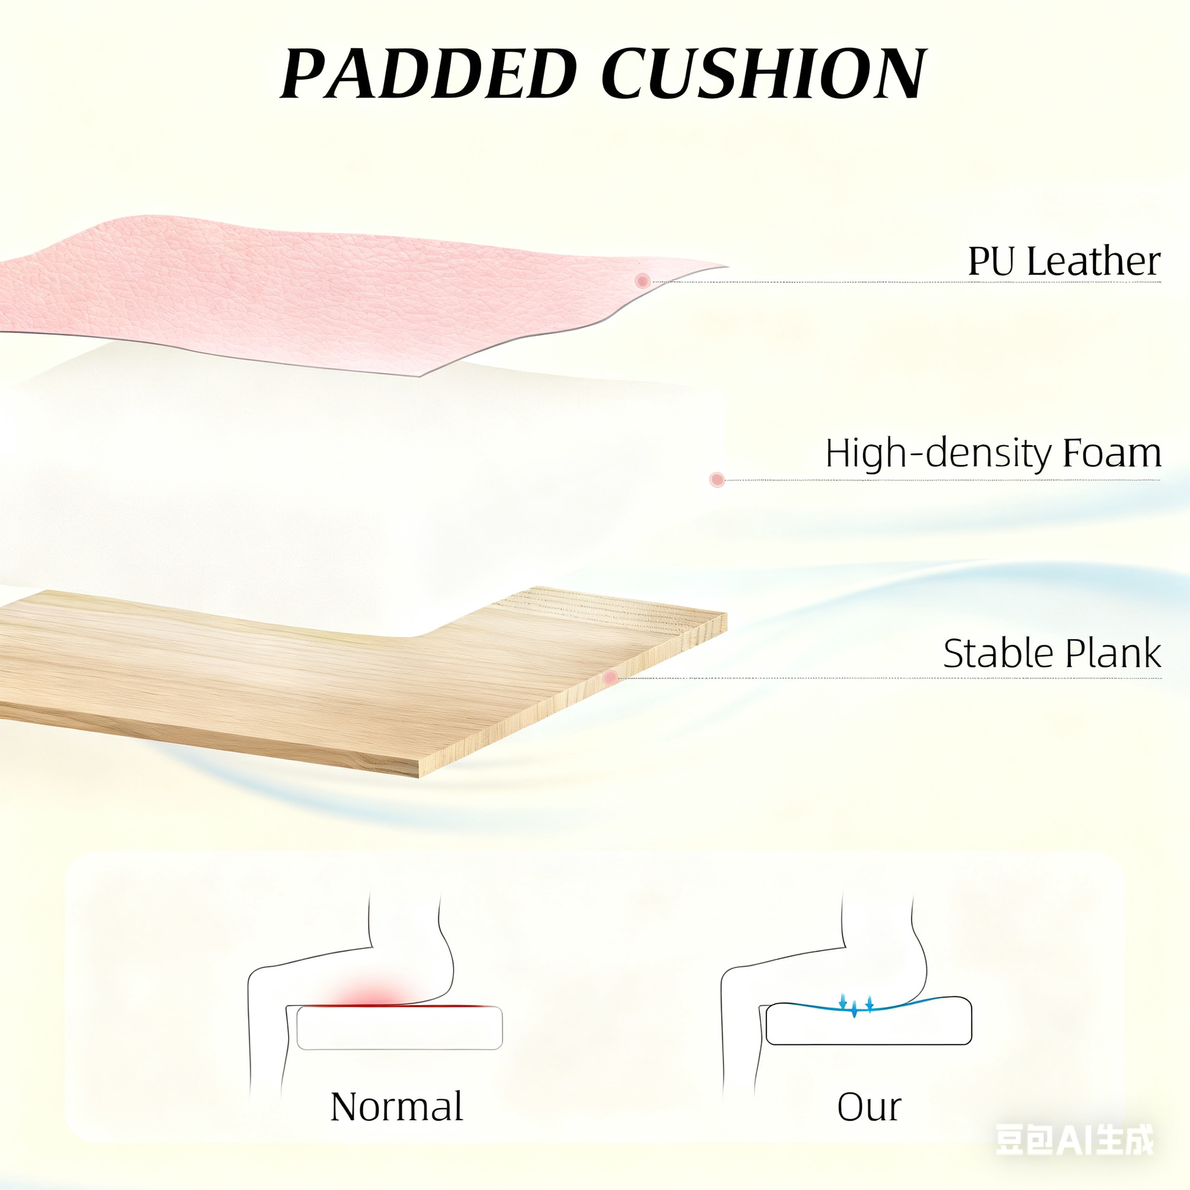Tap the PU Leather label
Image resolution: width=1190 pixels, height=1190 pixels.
point(1064,261)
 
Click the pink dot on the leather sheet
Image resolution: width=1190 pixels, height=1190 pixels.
point(642,281)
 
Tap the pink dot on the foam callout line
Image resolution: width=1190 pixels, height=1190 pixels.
point(716,480)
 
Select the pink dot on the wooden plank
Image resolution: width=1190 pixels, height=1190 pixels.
point(610,678)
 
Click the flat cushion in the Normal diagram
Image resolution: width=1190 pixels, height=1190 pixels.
point(399,1028)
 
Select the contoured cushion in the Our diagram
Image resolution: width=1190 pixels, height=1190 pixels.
point(868,1021)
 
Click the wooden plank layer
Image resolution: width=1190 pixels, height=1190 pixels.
point(363,681)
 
